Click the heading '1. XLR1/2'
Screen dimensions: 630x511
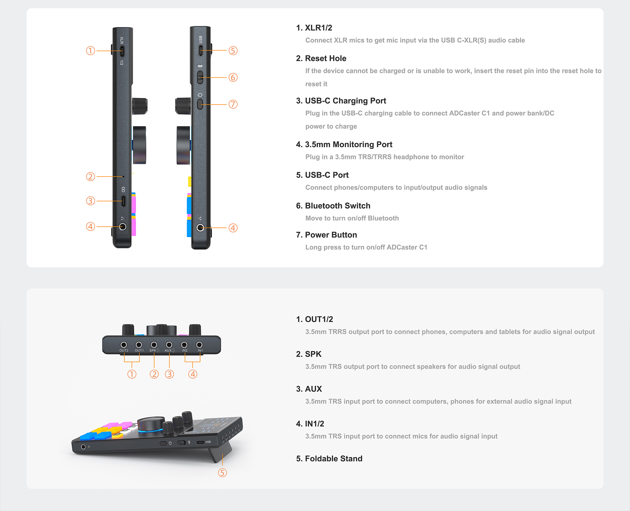point(314,28)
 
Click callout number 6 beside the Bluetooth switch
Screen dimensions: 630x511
point(233,78)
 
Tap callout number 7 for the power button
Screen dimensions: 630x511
point(233,105)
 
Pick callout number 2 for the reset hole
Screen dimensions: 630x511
point(91,177)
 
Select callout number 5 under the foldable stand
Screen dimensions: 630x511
point(222,473)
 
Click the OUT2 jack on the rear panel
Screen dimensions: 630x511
point(124,345)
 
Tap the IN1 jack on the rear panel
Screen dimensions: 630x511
point(199,345)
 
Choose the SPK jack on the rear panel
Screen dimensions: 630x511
point(154,345)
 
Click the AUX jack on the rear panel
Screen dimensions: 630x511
point(169,345)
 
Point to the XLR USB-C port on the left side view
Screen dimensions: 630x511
point(122,51)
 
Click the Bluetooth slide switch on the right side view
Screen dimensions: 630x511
point(200,77)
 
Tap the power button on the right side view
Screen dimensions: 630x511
point(200,104)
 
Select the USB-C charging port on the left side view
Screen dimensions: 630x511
point(123,201)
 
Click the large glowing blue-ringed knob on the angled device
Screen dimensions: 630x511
point(151,426)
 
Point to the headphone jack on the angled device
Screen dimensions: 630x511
point(83,447)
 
